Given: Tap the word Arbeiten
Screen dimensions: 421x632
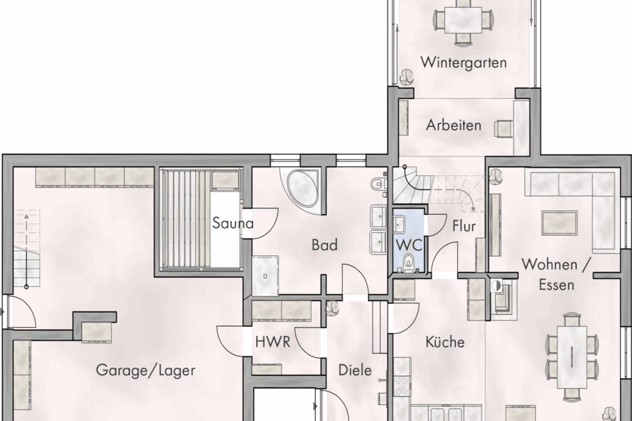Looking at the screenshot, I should [454, 126].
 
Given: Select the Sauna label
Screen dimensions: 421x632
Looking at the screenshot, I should [233, 224].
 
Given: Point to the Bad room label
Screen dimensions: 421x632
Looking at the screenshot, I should [324, 245].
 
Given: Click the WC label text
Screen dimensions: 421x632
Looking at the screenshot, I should [408, 246].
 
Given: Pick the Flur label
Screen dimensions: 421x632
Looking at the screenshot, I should [464, 226].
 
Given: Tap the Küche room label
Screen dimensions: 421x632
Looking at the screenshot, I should [445, 342].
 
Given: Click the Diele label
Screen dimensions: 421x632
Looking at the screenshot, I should [355, 370].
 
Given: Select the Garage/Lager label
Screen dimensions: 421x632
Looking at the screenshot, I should [145, 370].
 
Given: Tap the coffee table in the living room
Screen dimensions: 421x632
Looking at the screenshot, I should [560, 222].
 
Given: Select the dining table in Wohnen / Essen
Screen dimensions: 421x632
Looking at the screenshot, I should [572, 356].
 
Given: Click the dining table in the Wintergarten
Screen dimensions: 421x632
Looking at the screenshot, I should [463, 17].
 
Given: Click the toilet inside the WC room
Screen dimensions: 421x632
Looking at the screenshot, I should [409, 264].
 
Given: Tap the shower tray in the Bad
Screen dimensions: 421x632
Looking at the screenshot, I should [266, 275].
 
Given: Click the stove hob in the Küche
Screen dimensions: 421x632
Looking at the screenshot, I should [402, 385].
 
